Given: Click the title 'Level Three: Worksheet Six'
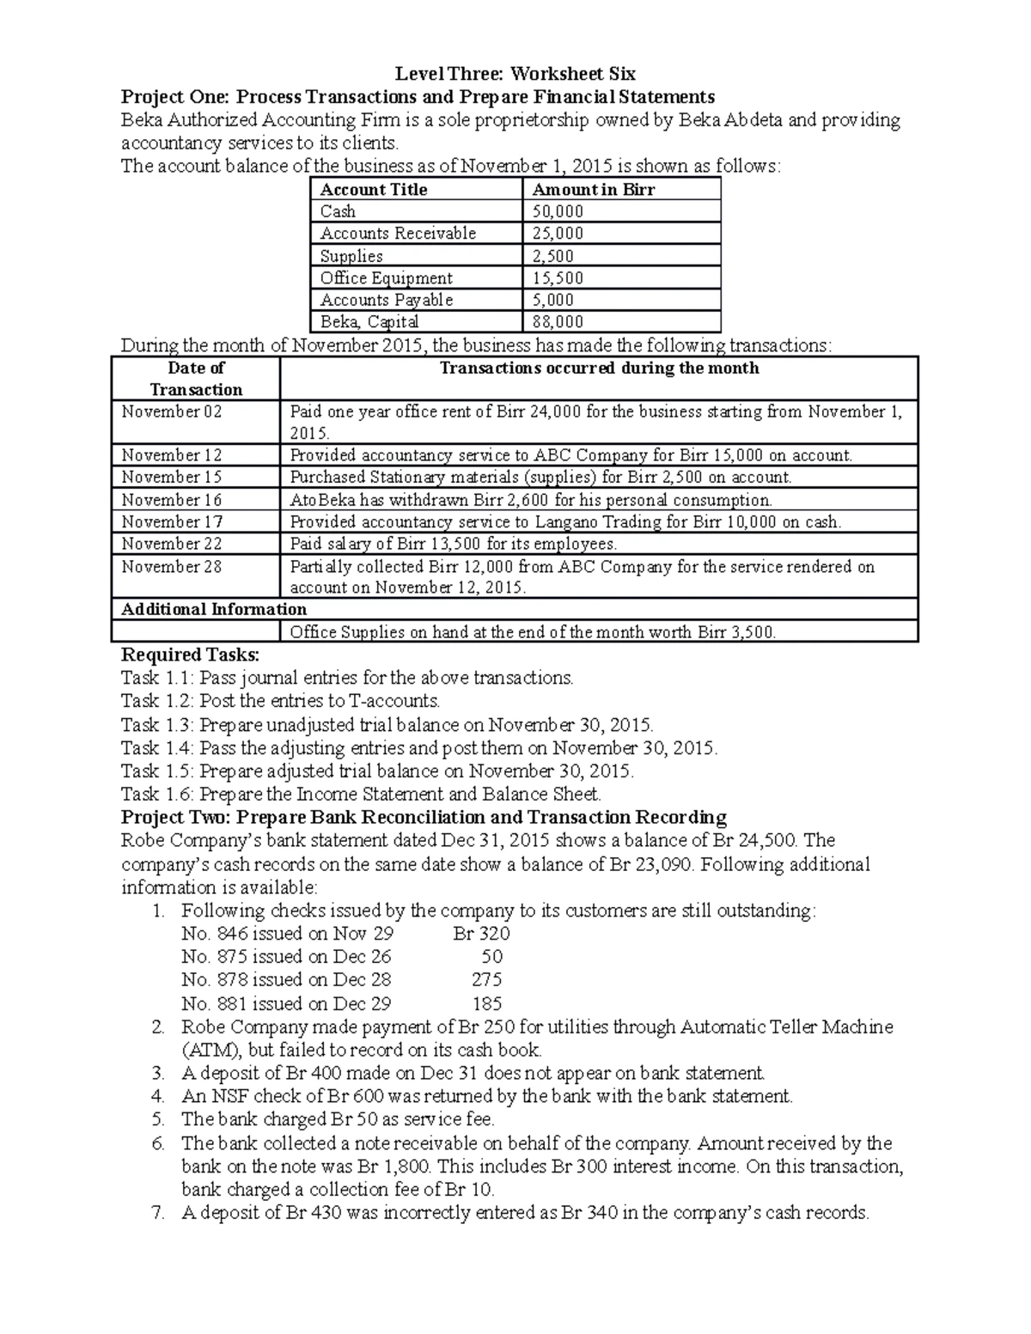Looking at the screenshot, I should click(515, 73).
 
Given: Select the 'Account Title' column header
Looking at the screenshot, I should click(373, 190).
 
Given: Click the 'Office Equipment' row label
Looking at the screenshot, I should click(386, 278).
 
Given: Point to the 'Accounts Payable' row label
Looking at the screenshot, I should click(387, 300).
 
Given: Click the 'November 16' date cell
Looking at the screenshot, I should click(171, 500).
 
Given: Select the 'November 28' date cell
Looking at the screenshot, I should click(171, 566).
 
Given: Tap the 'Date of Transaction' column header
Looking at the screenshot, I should click(196, 379).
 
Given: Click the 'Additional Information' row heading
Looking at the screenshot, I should click(214, 609).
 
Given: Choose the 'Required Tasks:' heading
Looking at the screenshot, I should click(184, 655).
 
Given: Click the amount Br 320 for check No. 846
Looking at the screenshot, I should click(481, 934).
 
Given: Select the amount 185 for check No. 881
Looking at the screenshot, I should click(487, 1003).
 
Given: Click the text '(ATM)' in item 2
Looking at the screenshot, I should click(205, 1050).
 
